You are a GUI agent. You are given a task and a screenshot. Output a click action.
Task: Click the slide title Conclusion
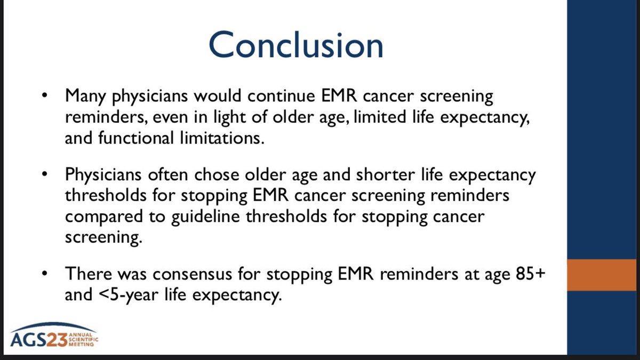coord(296,45)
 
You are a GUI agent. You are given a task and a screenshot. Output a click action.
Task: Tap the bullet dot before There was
coord(45,274)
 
